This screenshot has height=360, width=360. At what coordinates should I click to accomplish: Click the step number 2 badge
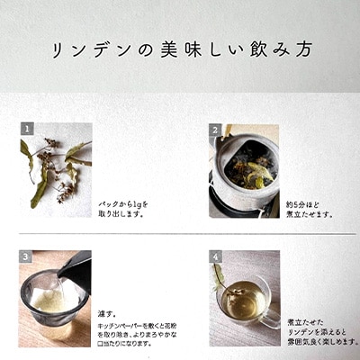[x=216, y=129]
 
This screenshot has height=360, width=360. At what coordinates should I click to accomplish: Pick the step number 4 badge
[x=216, y=256]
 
